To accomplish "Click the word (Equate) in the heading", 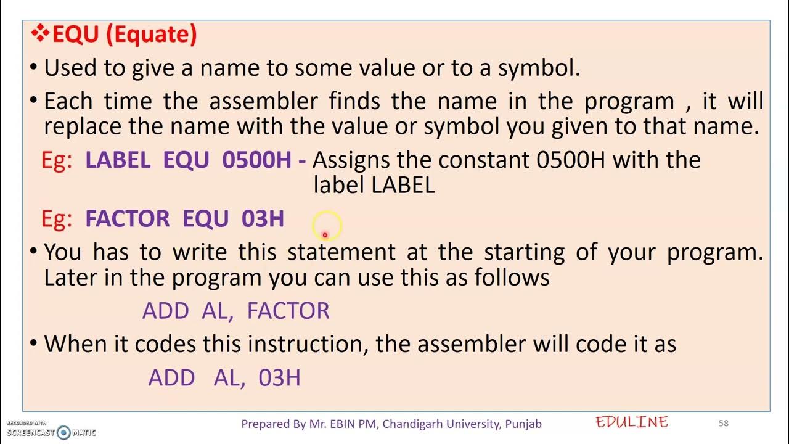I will pyautogui.click(x=152, y=35).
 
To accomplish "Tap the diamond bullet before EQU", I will pyautogui.click(x=41, y=34).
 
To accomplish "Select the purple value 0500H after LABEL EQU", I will pyautogui.click(x=256, y=160).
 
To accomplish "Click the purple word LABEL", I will pyautogui.click(x=118, y=160).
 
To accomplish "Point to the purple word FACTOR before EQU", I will pyautogui.click(x=127, y=219).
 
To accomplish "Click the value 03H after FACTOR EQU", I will pyautogui.click(x=263, y=219).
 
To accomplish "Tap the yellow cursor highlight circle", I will pyautogui.click(x=325, y=226).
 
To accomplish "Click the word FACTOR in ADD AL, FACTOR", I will pyautogui.click(x=288, y=311).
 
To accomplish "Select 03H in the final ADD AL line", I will pyautogui.click(x=279, y=377).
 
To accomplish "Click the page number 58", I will pyautogui.click(x=724, y=423).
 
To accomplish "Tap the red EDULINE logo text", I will pyautogui.click(x=632, y=422).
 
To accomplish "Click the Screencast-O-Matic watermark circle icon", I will pyautogui.click(x=63, y=432).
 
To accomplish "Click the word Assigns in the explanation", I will pyautogui.click(x=351, y=160).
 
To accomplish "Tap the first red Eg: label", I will pyautogui.click(x=57, y=160).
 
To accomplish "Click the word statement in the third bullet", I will pyautogui.click(x=341, y=252).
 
